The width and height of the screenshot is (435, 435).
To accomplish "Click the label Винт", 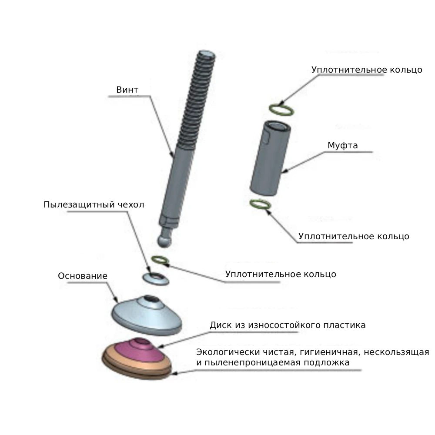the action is click(127, 90).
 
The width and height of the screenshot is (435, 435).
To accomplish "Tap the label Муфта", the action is click(343, 145).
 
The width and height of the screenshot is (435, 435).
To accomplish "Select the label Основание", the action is click(82, 276).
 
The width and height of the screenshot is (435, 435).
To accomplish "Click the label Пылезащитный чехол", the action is click(94, 204).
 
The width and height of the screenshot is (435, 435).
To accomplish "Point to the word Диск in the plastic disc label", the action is click(221, 325).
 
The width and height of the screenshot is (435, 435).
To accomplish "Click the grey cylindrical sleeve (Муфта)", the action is click(270, 158).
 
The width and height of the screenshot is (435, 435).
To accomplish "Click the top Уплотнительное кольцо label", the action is click(367, 70).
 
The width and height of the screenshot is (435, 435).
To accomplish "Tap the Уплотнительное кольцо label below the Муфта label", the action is click(354, 236).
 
